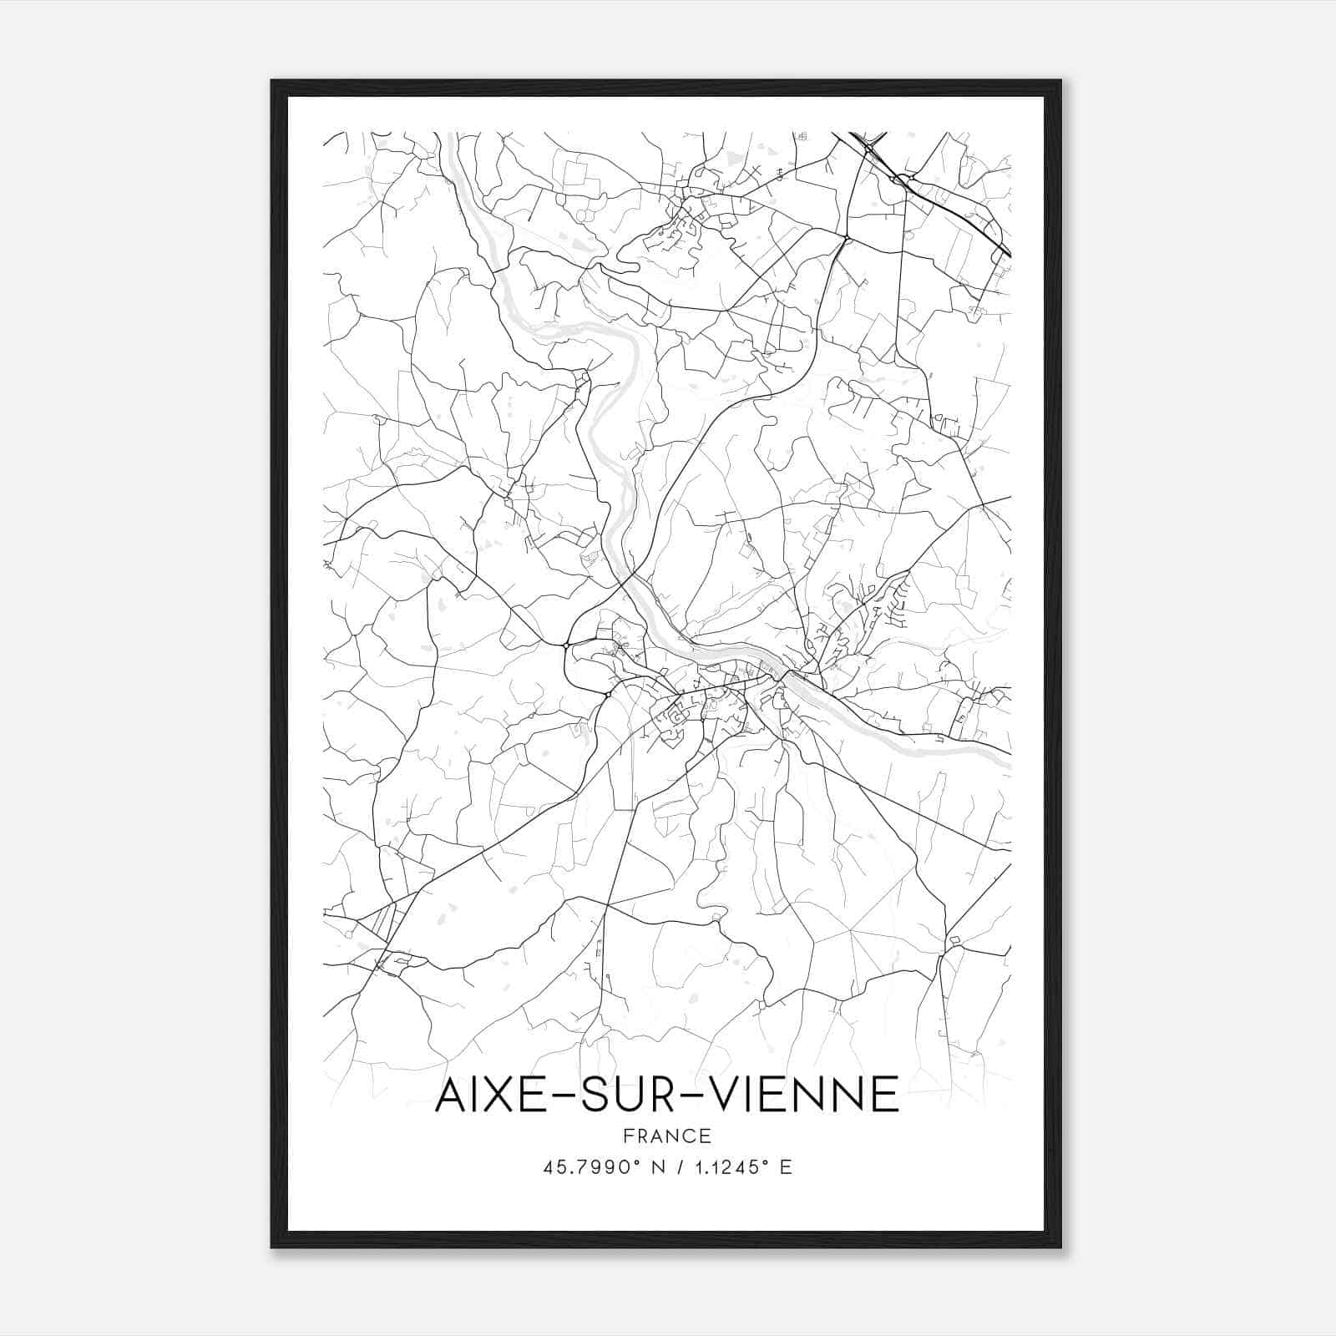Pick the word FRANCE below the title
coord(667,1136)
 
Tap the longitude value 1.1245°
coord(732,1167)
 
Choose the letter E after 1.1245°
coord(786,1167)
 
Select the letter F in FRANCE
coord(627,1136)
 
